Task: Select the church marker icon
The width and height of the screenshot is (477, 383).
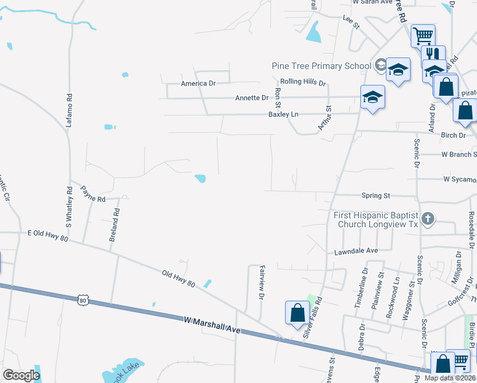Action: click(428, 219)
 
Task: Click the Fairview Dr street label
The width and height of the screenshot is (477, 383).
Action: click(261, 284)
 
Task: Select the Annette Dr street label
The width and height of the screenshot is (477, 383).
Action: click(252, 98)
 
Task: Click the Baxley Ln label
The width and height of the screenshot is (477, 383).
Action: click(283, 114)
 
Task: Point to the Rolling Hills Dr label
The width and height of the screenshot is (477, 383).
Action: click(304, 83)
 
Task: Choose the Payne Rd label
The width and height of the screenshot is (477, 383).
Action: click(92, 194)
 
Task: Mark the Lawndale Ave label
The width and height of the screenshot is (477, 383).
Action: click(356, 252)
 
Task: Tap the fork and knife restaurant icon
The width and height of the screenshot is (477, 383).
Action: click(434, 54)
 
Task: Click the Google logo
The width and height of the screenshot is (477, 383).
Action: click(21, 375)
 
